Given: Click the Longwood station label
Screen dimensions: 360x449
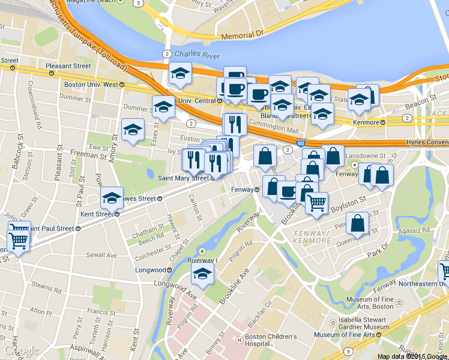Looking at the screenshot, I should click(x=151, y=270).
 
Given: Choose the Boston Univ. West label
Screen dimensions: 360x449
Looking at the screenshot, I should click(x=91, y=85).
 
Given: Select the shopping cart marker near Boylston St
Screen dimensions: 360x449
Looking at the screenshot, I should click(x=316, y=202).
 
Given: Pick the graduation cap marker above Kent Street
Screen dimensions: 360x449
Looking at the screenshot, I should click(x=112, y=198).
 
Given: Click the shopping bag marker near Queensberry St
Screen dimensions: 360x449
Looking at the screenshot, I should click(x=358, y=224).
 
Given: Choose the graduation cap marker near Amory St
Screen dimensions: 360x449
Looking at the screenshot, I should click(x=133, y=130).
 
